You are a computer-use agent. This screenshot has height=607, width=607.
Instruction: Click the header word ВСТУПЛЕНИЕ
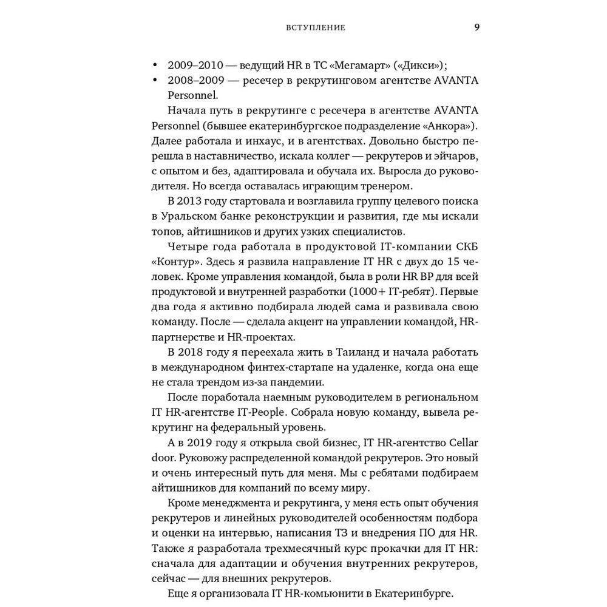point(316,28)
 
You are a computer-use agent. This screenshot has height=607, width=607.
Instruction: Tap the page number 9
point(477,28)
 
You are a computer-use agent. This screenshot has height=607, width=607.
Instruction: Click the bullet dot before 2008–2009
point(154,81)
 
